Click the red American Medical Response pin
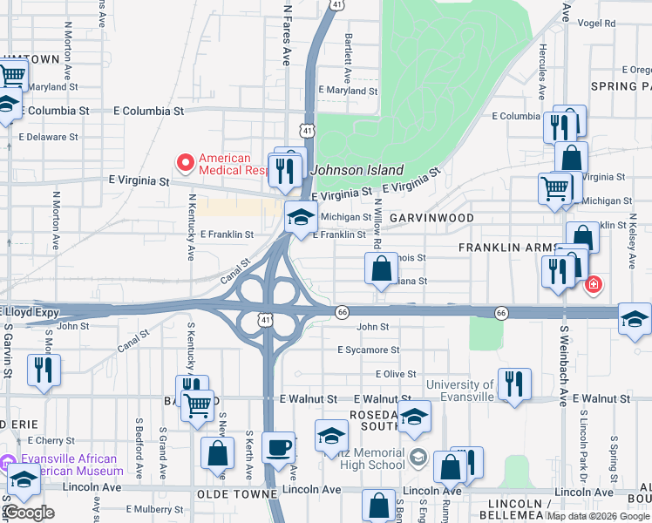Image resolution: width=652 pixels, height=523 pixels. (185, 162)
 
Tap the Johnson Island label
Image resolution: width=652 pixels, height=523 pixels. (358, 171)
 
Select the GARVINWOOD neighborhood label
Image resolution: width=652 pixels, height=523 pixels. (431, 218)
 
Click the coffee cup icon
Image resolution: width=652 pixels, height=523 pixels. (279, 448)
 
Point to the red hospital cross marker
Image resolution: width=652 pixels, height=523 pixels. (593, 284)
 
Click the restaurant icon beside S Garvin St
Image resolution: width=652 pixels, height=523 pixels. (42, 370)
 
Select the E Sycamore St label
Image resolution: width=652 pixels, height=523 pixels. (369, 350)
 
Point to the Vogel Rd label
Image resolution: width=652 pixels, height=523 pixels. (596, 24)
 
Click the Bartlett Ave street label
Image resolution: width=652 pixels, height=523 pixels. (348, 52)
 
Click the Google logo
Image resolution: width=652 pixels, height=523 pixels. (29, 513)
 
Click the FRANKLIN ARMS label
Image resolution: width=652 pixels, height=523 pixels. (506, 248)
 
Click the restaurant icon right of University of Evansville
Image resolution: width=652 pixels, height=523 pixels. (514, 384)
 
